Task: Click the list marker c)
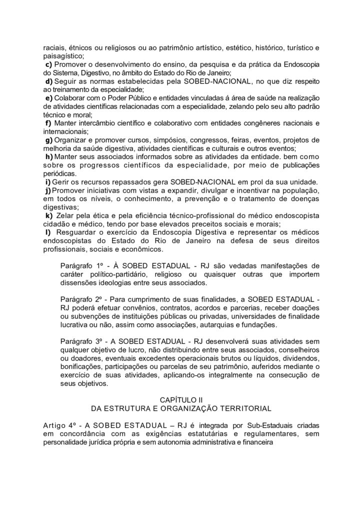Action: pyautogui.click(x=48, y=65)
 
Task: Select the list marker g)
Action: pyautogui.click(x=48, y=140)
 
